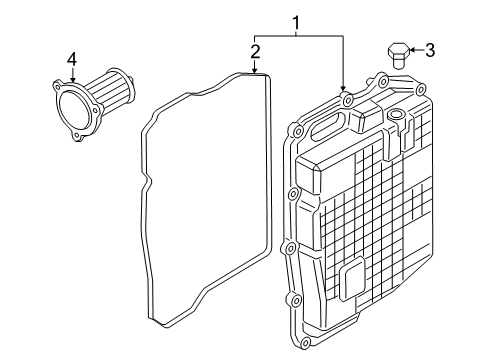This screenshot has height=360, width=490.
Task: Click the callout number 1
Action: [x=296, y=20]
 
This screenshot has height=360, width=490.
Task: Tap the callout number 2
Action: [x=257, y=52]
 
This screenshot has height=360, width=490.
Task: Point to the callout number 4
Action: [x=72, y=62]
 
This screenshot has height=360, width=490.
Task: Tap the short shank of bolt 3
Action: [x=399, y=61]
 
